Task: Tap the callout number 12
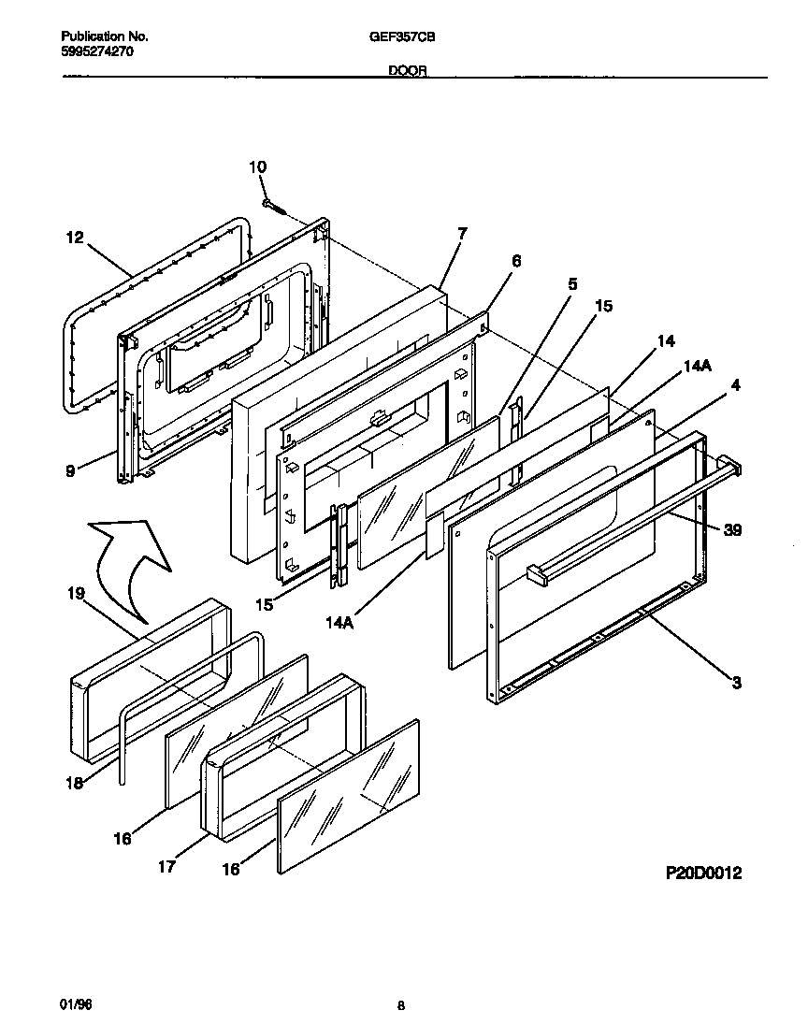point(75,238)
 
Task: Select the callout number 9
point(69,471)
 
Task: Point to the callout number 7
point(462,232)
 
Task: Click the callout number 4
point(736,383)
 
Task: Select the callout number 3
point(736,683)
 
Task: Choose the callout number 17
point(166,866)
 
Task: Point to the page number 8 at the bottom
point(400,1006)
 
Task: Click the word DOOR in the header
point(404,71)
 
